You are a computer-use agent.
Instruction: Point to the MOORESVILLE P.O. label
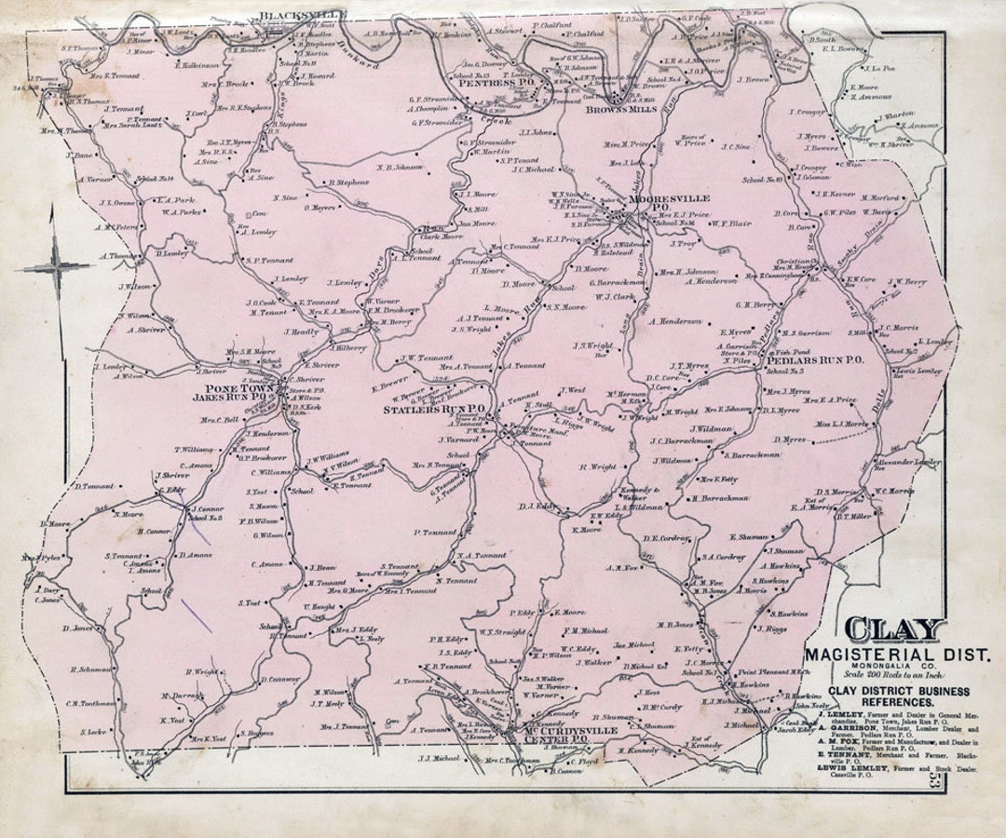pos(669,204)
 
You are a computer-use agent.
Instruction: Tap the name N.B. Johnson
pos(400,169)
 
